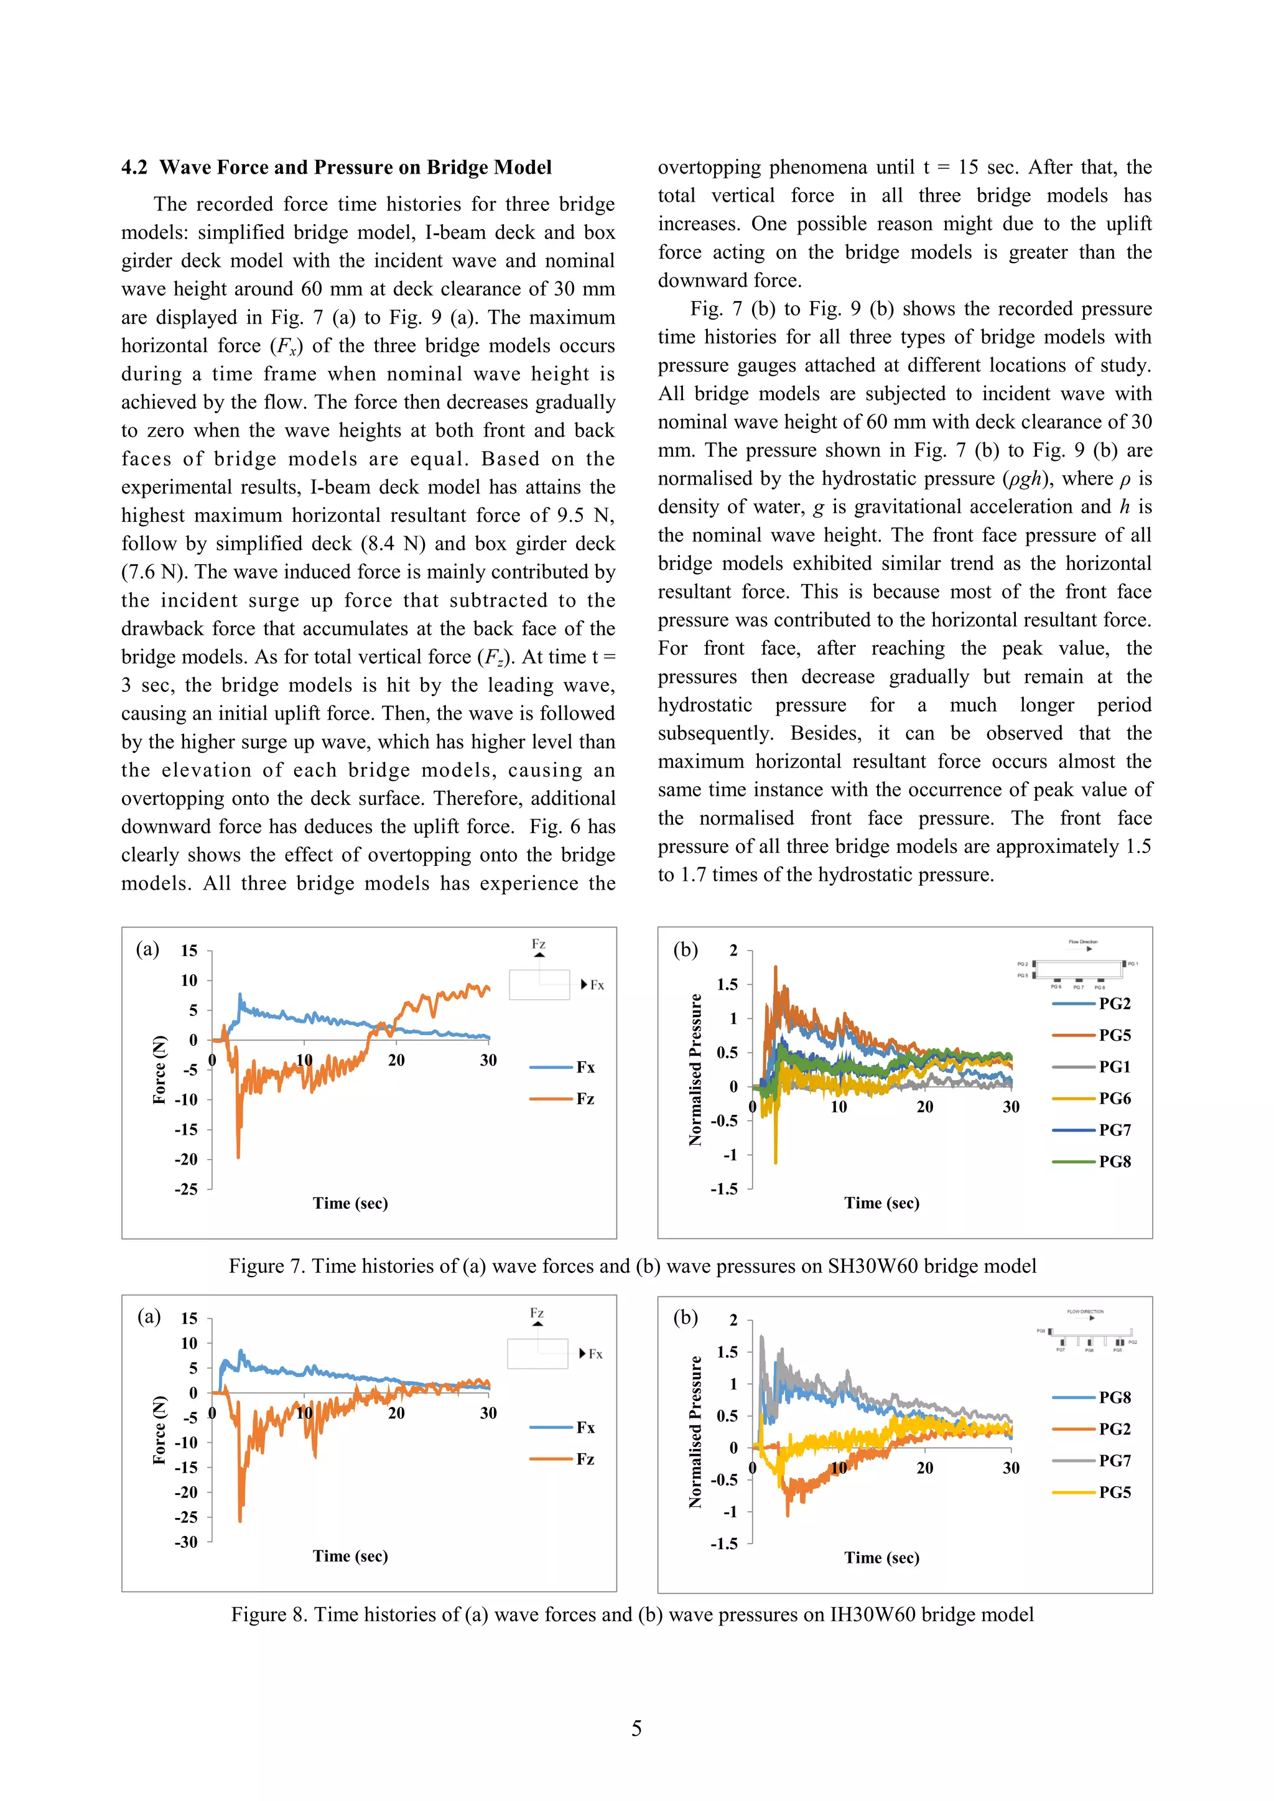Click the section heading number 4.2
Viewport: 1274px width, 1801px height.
click(134, 168)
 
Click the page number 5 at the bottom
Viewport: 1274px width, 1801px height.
click(636, 1728)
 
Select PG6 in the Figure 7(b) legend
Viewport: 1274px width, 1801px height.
click(1114, 1098)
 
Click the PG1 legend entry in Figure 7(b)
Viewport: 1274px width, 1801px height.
click(1114, 1067)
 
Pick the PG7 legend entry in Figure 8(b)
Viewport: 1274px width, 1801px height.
click(1114, 1461)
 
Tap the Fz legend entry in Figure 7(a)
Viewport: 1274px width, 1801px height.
click(585, 1099)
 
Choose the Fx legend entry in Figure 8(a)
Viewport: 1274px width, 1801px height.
click(585, 1428)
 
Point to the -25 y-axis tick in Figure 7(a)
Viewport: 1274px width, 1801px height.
click(187, 1189)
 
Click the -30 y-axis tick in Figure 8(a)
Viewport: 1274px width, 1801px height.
click(187, 1542)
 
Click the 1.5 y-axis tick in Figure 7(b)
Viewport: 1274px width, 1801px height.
click(727, 984)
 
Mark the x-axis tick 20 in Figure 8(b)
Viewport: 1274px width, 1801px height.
click(925, 1468)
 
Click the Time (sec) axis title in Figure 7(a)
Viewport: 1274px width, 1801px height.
click(350, 1203)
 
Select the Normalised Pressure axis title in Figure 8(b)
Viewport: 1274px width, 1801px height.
click(695, 1431)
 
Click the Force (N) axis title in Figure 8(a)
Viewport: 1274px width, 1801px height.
click(159, 1430)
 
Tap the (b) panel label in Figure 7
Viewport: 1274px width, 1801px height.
click(686, 950)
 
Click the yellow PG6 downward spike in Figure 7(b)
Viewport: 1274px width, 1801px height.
click(775, 1161)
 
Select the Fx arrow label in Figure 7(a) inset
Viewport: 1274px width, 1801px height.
click(596, 985)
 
